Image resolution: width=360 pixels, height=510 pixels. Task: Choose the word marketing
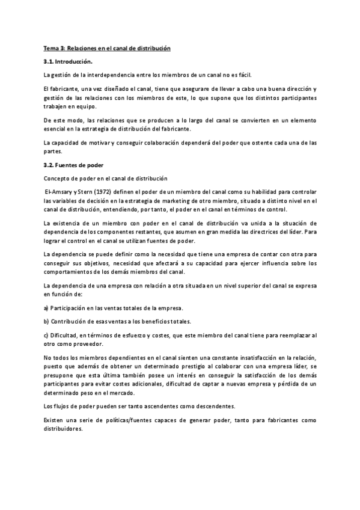(x=185, y=201)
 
